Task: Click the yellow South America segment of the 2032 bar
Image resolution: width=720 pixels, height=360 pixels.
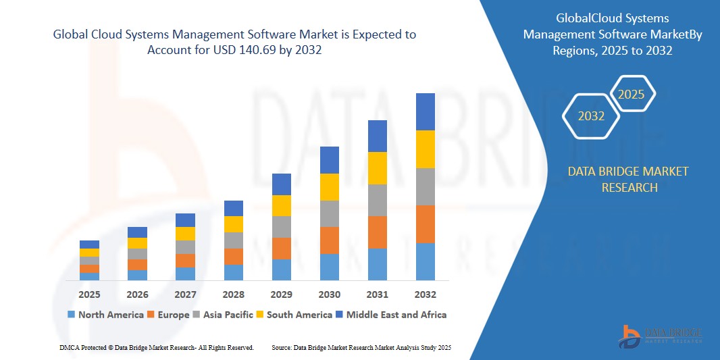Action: [425, 149]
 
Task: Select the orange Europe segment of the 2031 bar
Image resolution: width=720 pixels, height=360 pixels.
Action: [377, 232]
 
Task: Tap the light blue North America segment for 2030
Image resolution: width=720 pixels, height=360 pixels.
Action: [329, 267]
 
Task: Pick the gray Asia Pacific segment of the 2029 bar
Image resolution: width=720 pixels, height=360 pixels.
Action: [282, 227]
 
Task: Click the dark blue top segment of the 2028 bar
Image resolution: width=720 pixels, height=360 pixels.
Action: [234, 208]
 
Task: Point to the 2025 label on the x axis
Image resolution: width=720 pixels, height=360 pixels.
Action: [89, 294]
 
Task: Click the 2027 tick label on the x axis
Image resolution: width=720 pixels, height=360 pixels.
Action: [185, 294]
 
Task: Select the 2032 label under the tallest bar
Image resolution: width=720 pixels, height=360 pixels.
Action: [425, 294]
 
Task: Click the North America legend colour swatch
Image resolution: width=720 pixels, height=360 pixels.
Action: [71, 315]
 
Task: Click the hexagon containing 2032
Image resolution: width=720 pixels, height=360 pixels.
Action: [591, 116]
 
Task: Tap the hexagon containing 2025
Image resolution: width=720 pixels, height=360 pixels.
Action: [632, 95]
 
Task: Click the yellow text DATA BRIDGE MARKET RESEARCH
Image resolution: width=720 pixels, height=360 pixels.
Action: [628, 179]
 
